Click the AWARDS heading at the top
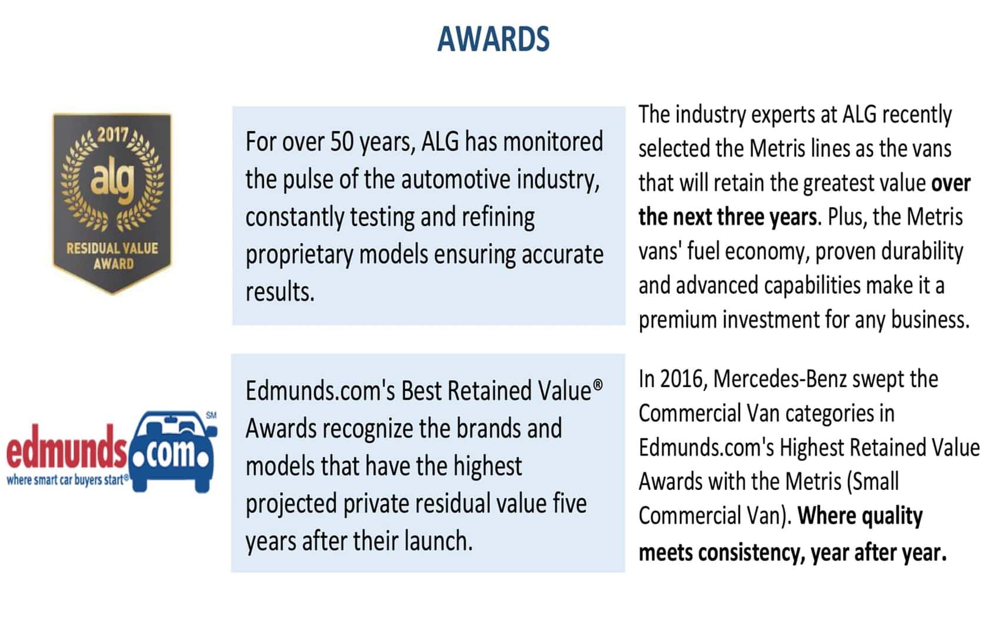click(x=493, y=39)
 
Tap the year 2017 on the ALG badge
click(x=112, y=134)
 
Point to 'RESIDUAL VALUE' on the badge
click(x=112, y=249)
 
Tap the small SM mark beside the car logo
click(x=211, y=416)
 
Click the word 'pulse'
click(x=308, y=181)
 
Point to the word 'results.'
click(x=280, y=292)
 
